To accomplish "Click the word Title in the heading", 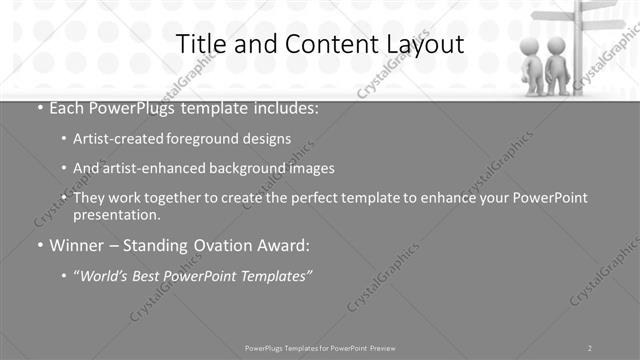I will tap(200, 44).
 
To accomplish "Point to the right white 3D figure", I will tap(558, 66).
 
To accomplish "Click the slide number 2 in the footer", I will tap(590, 347).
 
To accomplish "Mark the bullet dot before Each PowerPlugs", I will tap(39, 107).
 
